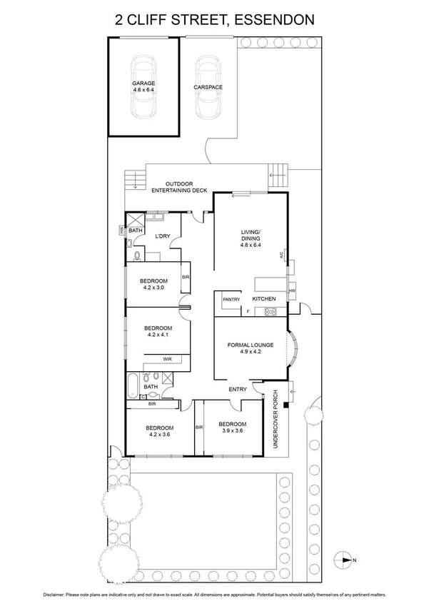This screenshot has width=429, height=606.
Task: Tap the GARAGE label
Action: coord(143,84)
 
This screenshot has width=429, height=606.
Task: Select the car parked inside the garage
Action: coord(143,89)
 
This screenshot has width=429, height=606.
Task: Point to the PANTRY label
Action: coord(231,299)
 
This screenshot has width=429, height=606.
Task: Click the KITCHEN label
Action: coord(263,299)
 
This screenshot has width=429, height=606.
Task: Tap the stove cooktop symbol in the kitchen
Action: coord(271,311)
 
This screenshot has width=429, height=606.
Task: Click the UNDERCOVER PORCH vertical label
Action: coord(276,423)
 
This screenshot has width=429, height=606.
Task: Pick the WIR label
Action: coord(168,359)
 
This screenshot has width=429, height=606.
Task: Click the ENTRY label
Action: coord(238,389)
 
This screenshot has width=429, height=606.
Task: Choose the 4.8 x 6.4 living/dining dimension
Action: coord(251,245)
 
